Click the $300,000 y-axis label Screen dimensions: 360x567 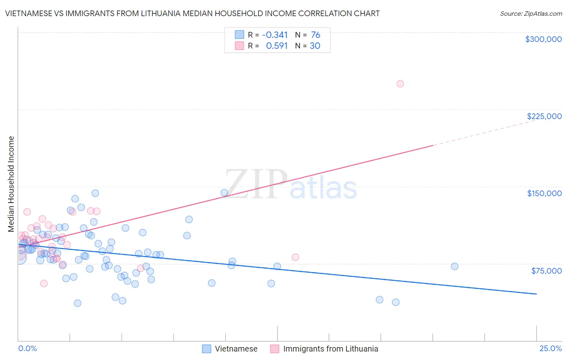[543, 39]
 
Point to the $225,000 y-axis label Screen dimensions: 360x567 [544, 116]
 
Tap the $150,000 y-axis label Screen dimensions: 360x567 [544, 193]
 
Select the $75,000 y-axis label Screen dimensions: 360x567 [546, 271]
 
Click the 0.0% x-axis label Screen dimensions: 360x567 [27, 348]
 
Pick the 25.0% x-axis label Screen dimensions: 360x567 [550, 348]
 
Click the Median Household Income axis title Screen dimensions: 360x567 [11, 184]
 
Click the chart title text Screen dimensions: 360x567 [192, 13]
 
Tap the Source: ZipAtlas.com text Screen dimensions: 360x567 [531, 13]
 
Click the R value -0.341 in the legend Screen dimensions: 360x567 [275, 35]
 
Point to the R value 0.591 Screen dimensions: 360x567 [277, 46]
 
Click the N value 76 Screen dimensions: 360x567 [315, 35]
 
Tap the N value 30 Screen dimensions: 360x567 [315, 46]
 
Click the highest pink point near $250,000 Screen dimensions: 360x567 [400, 84]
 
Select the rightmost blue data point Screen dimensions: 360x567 [454, 266]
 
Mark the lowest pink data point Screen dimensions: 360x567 [44, 283]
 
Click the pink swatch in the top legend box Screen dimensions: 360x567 [240, 46]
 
